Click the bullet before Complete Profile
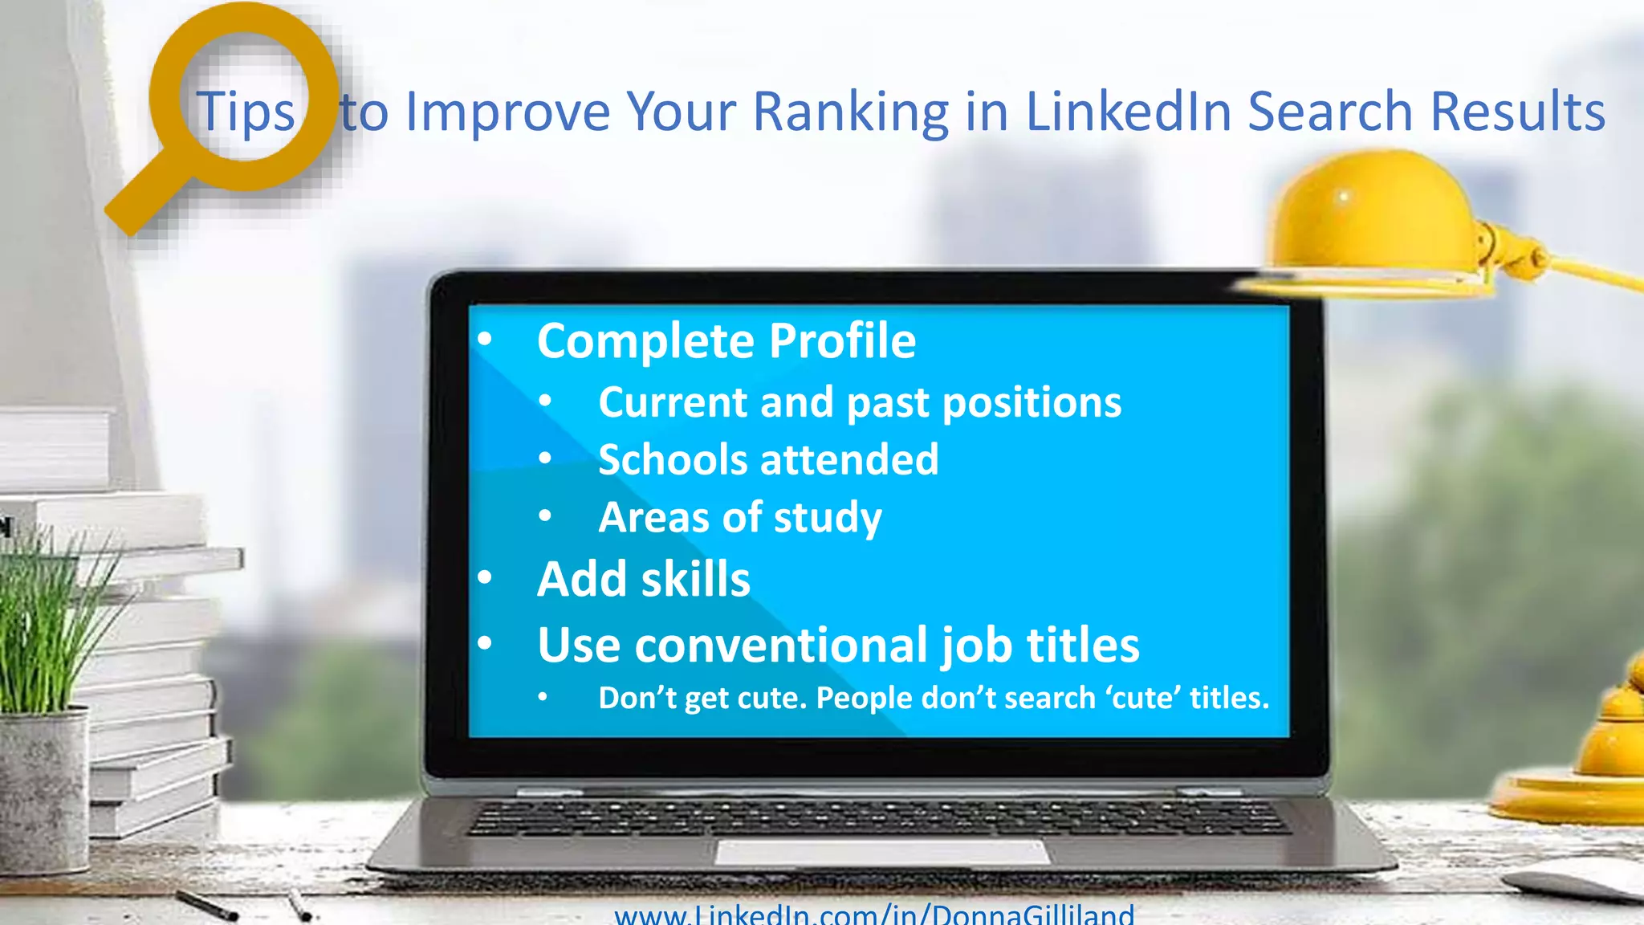pyautogui.click(x=484, y=340)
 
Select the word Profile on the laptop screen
pyautogui.click(x=842, y=340)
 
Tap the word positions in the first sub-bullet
pyautogui.click(x=1032, y=402)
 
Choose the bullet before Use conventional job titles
pyautogui.click(x=484, y=643)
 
